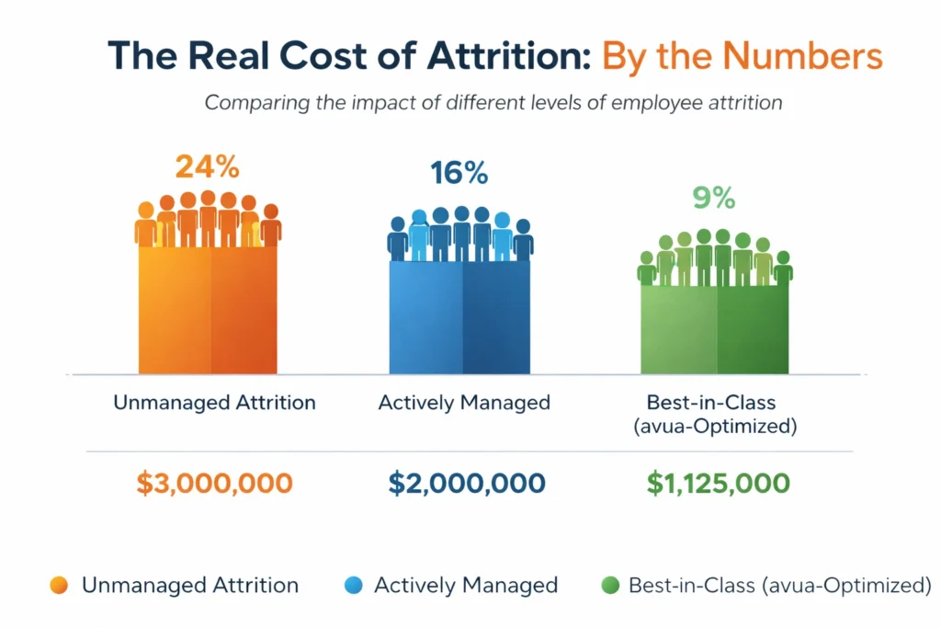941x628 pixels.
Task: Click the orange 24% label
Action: [x=207, y=167]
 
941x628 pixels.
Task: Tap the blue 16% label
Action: [x=459, y=174]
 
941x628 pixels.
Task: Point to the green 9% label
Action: [x=713, y=198]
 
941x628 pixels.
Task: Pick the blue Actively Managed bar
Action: [x=459, y=317]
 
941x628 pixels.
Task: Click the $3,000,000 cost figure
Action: [x=214, y=484]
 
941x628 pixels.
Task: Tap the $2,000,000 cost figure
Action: [x=466, y=484]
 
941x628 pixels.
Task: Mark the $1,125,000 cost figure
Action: [x=718, y=484]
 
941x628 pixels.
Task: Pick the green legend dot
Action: [x=608, y=585]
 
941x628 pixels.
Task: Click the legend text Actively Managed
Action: [x=466, y=585]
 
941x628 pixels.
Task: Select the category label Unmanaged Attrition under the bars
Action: [x=214, y=402]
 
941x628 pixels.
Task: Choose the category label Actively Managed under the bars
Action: [x=464, y=402]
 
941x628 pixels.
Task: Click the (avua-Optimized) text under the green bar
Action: [x=715, y=428]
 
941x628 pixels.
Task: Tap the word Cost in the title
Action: [x=301, y=56]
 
